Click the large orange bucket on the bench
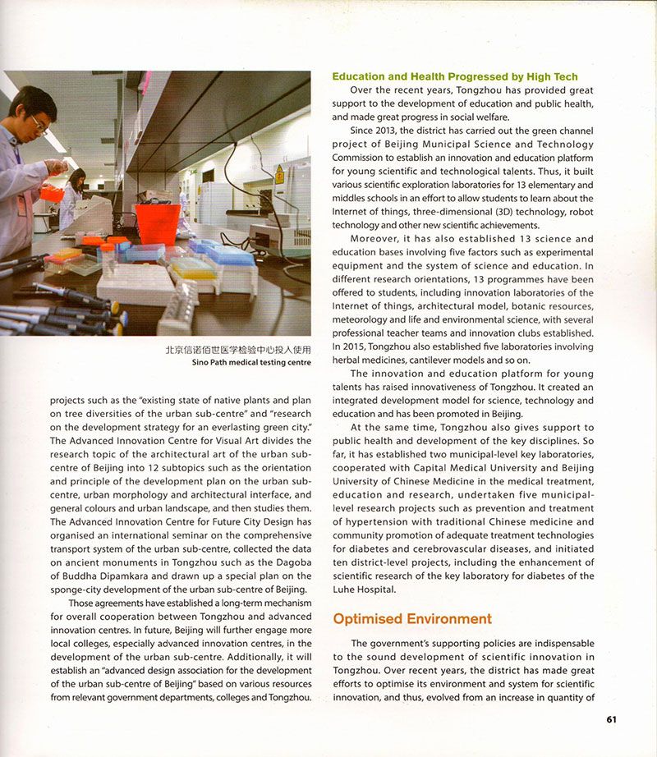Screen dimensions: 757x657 157,223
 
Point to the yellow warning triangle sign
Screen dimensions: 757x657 279,174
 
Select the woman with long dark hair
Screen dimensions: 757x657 72,194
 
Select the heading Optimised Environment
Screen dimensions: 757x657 411,618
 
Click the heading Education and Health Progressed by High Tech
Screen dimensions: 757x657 454,76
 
